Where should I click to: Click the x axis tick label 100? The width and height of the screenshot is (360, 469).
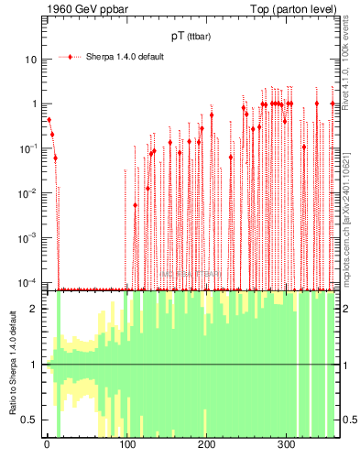tap(127, 446)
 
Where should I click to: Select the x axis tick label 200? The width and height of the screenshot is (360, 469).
tap(207, 446)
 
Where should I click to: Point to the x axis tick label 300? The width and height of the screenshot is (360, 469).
tap(287, 446)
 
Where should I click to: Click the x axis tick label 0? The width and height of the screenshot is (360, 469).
tap(47, 446)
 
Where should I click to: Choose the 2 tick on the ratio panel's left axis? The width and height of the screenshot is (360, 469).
tap(37, 309)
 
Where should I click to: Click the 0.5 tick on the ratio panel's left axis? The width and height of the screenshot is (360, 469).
tap(33, 420)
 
